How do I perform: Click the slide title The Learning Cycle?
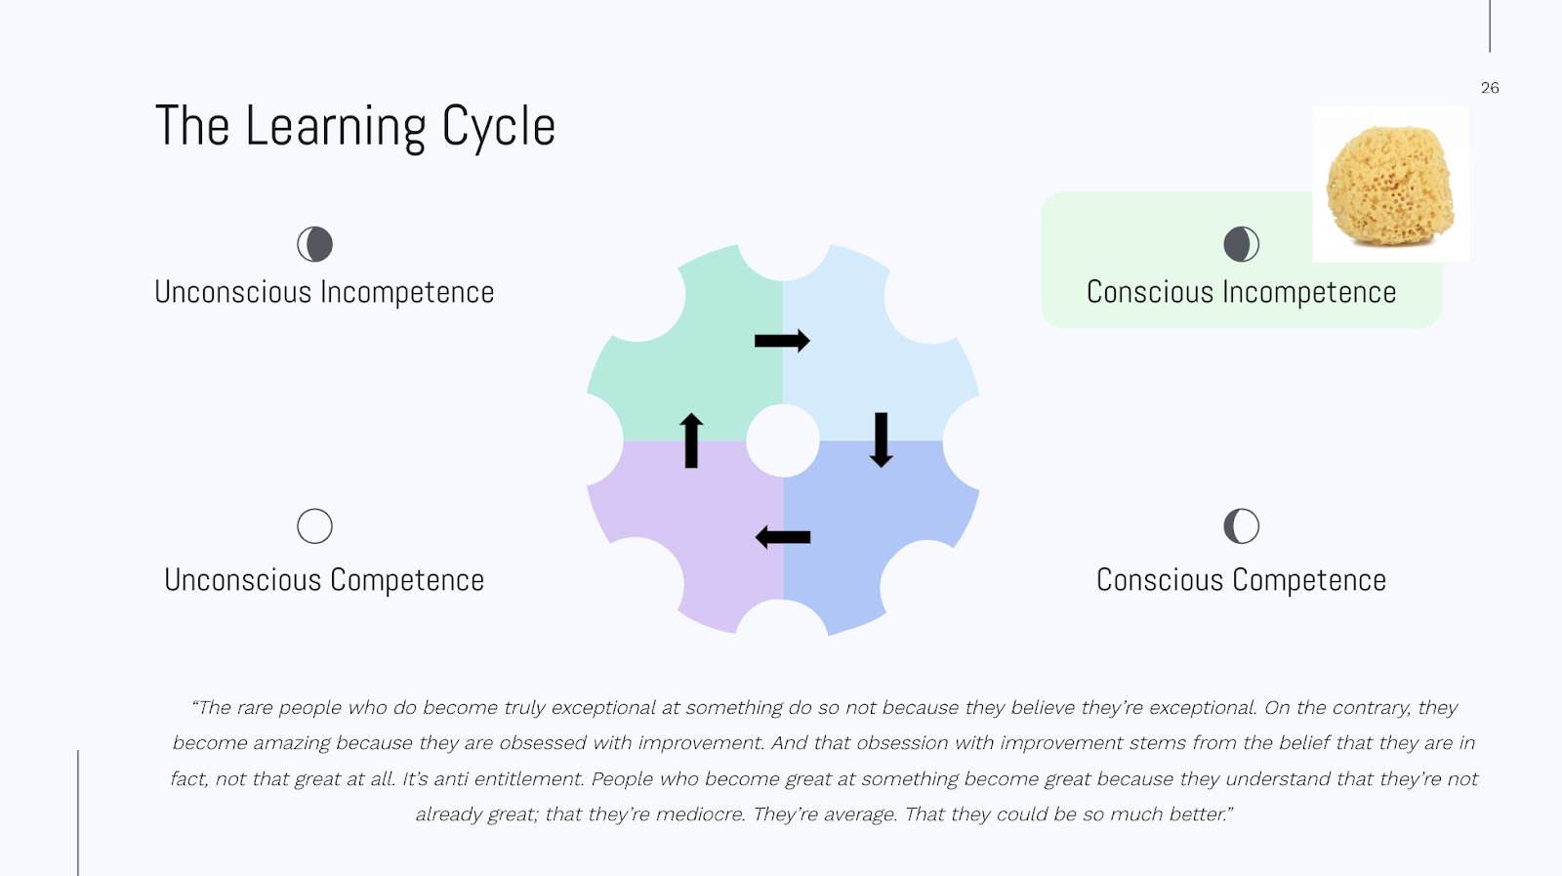point(355,127)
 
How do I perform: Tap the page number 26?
point(1490,88)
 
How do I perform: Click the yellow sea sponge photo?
point(1390,184)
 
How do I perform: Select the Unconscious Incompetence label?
point(324,292)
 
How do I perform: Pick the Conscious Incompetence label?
point(1241,292)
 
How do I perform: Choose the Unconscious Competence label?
point(324,580)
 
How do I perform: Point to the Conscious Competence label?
point(1241,580)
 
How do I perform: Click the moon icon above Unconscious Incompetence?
point(314,244)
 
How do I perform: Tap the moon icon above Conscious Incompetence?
point(1241,244)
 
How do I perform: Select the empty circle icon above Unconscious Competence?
point(314,526)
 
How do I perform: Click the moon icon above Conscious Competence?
point(1241,526)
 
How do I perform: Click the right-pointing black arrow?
point(782,341)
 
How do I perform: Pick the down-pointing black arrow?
point(881,439)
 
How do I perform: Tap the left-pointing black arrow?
point(783,537)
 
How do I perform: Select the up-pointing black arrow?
point(691,440)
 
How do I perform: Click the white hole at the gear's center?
point(783,441)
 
